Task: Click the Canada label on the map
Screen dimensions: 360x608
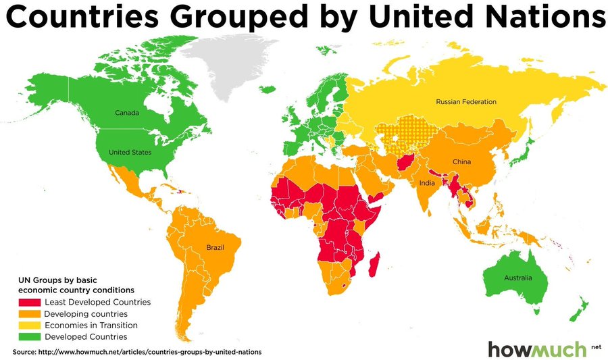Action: point(127,112)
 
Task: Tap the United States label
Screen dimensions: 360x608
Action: point(130,152)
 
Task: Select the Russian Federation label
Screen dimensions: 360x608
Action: point(465,102)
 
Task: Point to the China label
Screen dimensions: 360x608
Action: point(461,162)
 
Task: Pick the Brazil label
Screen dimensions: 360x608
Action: point(215,248)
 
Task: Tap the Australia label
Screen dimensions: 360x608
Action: point(517,278)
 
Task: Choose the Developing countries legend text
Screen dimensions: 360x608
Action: point(85,314)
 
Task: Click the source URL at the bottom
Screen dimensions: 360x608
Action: point(136,352)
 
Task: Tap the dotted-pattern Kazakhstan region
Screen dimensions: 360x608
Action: point(399,134)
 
